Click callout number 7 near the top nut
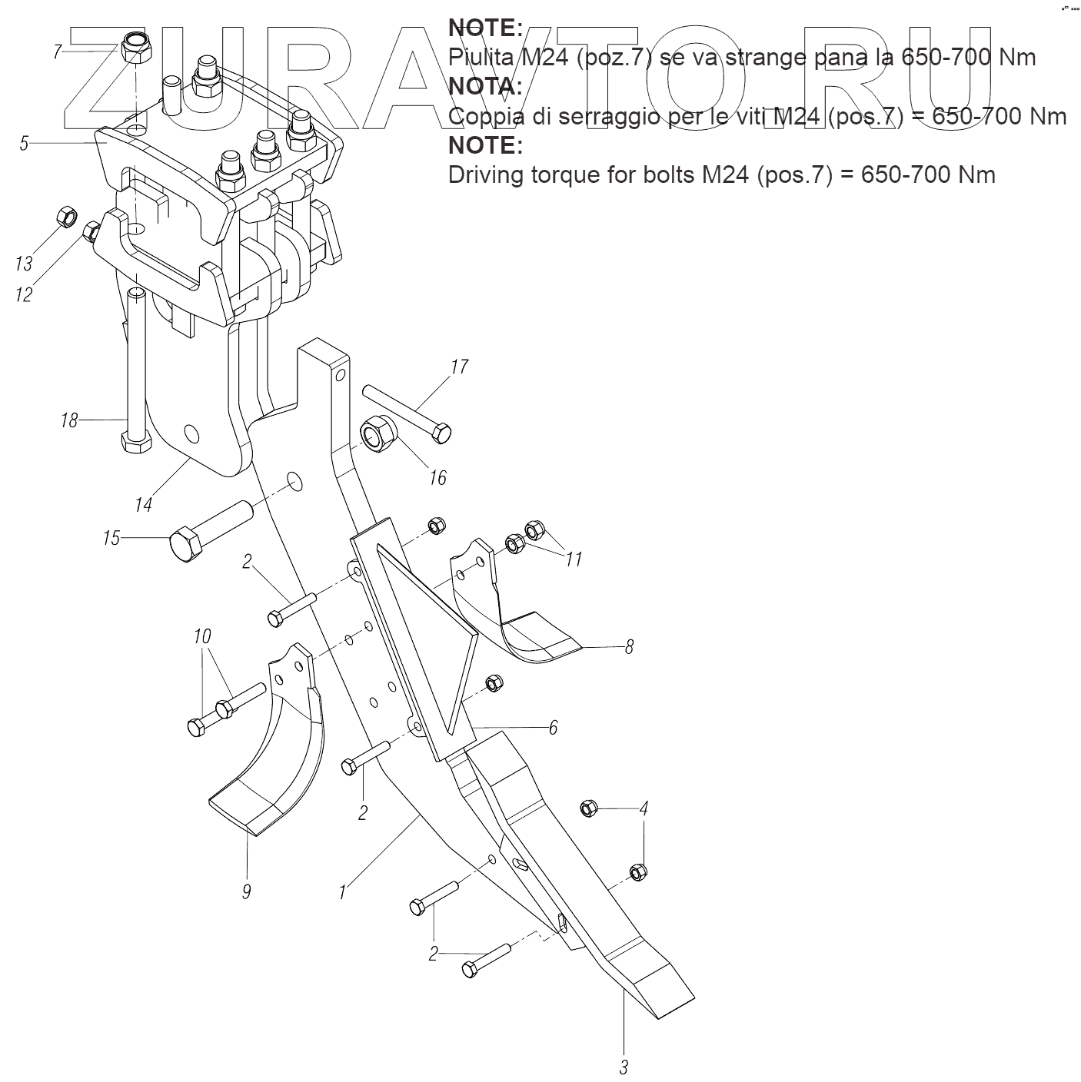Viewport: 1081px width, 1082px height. (x=57, y=52)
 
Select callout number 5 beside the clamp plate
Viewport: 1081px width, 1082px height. (x=24, y=144)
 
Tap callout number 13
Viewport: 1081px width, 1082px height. (x=24, y=264)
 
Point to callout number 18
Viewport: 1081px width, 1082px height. (x=69, y=420)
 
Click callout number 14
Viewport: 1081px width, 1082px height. (x=143, y=504)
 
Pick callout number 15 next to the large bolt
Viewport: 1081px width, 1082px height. (x=111, y=538)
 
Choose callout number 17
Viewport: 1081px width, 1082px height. (x=459, y=367)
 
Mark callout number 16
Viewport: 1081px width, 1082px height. (x=437, y=478)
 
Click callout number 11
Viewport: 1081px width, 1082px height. (x=574, y=559)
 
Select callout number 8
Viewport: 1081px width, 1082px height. (x=629, y=647)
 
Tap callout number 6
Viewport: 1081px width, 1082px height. (x=553, y=726)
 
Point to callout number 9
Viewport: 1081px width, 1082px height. (x=246, y=891)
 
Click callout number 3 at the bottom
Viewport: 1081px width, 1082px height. (x=624, y=1067)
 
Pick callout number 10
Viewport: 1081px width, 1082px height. (x=202, y=637)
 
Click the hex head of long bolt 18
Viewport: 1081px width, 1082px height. (x=136, y=444)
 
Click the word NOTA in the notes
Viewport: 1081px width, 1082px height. (x=485, y=86)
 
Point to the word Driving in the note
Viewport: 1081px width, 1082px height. (x=494, y=175)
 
